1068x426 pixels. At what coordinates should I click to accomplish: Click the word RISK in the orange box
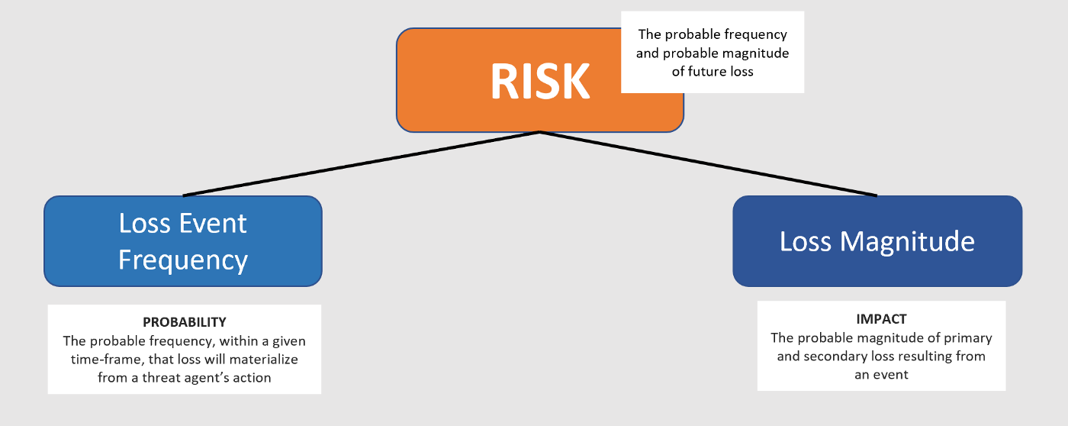pos(539,80)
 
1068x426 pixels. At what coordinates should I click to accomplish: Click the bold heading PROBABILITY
pos(185,322)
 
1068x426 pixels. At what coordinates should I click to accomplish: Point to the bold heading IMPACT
pos(881,319)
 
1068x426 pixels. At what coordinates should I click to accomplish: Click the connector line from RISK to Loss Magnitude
pos(709,163)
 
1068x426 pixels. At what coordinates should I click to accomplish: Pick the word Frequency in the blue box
pos(183,260)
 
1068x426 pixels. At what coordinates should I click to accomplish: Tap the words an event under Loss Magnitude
pos(881,375)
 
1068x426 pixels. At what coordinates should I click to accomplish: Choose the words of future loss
pos(713,71)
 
